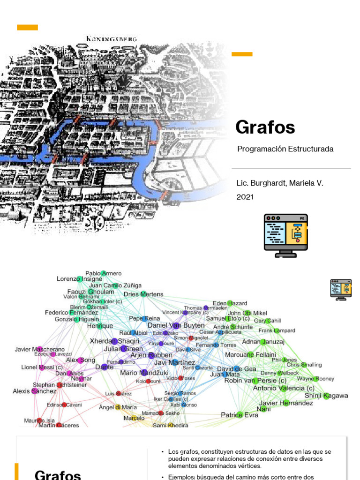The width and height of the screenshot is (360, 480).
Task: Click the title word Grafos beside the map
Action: point(265,127)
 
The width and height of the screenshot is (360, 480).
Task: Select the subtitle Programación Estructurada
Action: point(285,149)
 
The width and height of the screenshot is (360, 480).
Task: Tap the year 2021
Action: point(245,197)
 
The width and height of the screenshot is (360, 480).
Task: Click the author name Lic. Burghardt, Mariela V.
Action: point(279,183)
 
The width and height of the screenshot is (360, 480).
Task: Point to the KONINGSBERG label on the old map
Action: point(112,39)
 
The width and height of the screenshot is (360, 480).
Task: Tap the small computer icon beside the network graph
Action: point(341,289)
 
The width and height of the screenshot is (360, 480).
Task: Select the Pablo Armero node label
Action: point(103,273)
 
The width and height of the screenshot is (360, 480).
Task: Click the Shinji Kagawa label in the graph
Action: point(326,396)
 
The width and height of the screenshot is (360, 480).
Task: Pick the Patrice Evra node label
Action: point(240,415)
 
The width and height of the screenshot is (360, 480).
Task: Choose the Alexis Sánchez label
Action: point(34,391)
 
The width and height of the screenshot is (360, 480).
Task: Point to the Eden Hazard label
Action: point(230,303)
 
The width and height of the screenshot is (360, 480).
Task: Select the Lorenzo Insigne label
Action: point(79,279)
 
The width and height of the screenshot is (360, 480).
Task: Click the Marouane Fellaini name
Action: point(250,355)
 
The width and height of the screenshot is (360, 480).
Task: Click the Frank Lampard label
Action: point(277,330)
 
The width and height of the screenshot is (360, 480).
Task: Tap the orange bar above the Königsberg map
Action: point(28,27)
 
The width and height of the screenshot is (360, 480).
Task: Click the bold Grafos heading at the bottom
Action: point(58,474)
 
